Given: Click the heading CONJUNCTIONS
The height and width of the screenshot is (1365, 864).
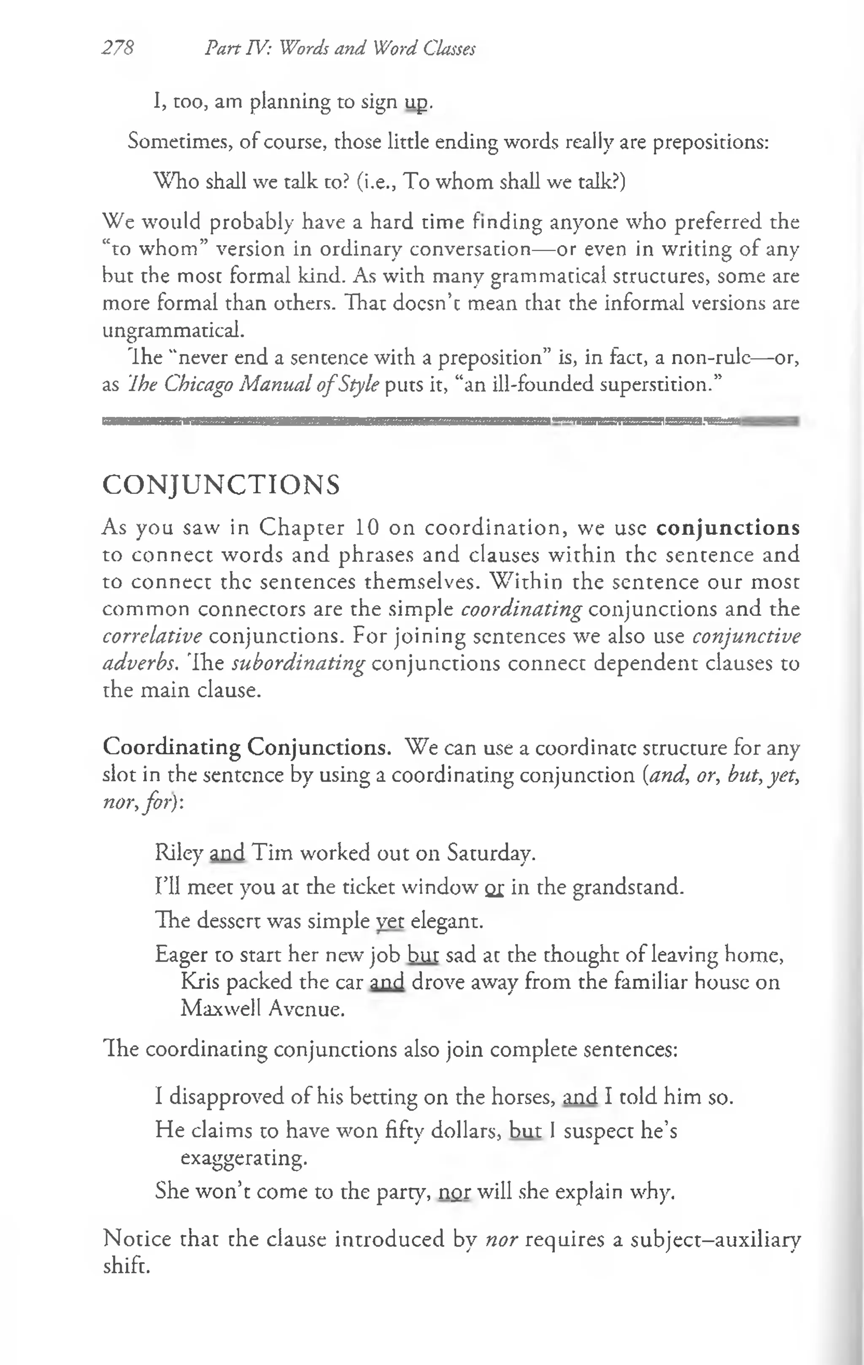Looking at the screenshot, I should pos(221,485).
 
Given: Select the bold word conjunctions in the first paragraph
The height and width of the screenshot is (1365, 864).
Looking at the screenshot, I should pos(727,528).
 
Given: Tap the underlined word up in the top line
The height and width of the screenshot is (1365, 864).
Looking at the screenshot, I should pos(416,103).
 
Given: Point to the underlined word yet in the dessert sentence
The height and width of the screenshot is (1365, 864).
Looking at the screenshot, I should pos(390,921).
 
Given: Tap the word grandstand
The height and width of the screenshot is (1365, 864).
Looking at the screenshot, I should pos(628,887).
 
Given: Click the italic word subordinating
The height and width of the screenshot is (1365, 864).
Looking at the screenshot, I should pos(298,663).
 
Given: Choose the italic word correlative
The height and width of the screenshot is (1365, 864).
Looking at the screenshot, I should pos(152,636).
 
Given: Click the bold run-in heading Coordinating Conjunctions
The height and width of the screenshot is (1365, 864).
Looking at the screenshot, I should pos(247,747).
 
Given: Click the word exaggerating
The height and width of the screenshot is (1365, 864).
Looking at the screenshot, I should pos(244,1157).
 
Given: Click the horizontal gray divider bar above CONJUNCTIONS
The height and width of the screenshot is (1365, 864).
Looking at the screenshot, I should pos(450,421).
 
